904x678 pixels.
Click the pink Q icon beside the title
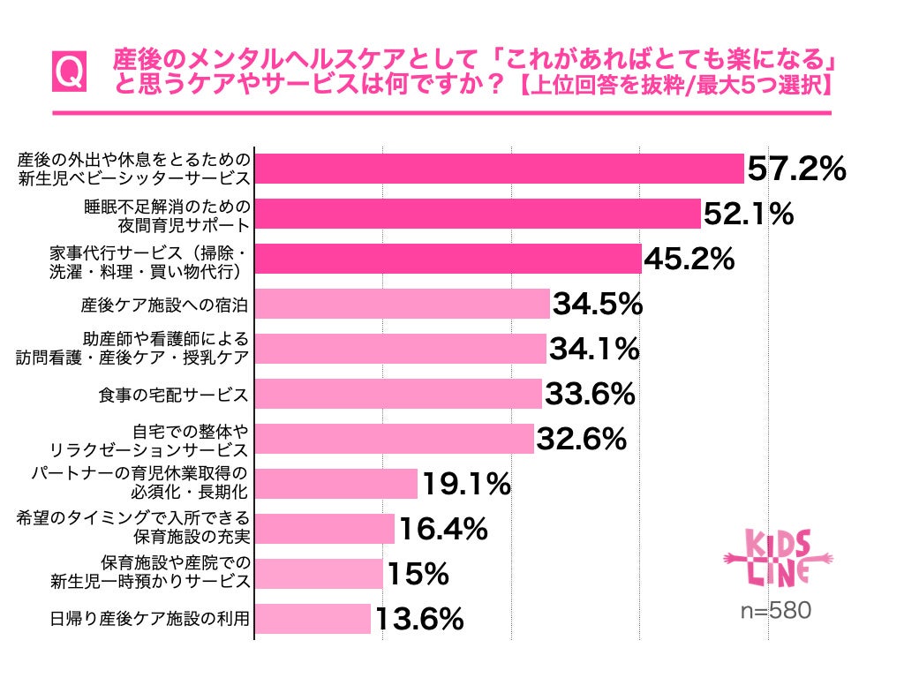point(69,72)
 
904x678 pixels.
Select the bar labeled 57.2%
point(500,169)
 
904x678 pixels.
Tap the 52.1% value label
point(749,214)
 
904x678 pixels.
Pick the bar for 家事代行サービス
point(448,259)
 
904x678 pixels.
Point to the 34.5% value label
point(598,304)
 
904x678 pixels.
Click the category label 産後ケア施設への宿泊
point(164,305)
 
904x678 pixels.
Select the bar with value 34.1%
point(400,348)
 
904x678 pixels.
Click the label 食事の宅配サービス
point(174,395)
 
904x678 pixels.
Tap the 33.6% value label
point(590,394)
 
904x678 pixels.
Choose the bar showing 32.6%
point(395,438)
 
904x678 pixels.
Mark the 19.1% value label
point(466,484)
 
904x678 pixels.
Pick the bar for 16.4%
point(325,529)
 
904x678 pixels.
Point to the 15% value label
point(418,574)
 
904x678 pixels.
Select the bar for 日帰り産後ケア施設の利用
point(313,619)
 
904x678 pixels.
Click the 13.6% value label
point(419,619)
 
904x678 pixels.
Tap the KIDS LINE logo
point(779,558)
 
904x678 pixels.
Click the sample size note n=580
point(776,610)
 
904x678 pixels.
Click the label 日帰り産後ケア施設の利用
point(150,619)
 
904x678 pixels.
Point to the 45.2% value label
point(689,259)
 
